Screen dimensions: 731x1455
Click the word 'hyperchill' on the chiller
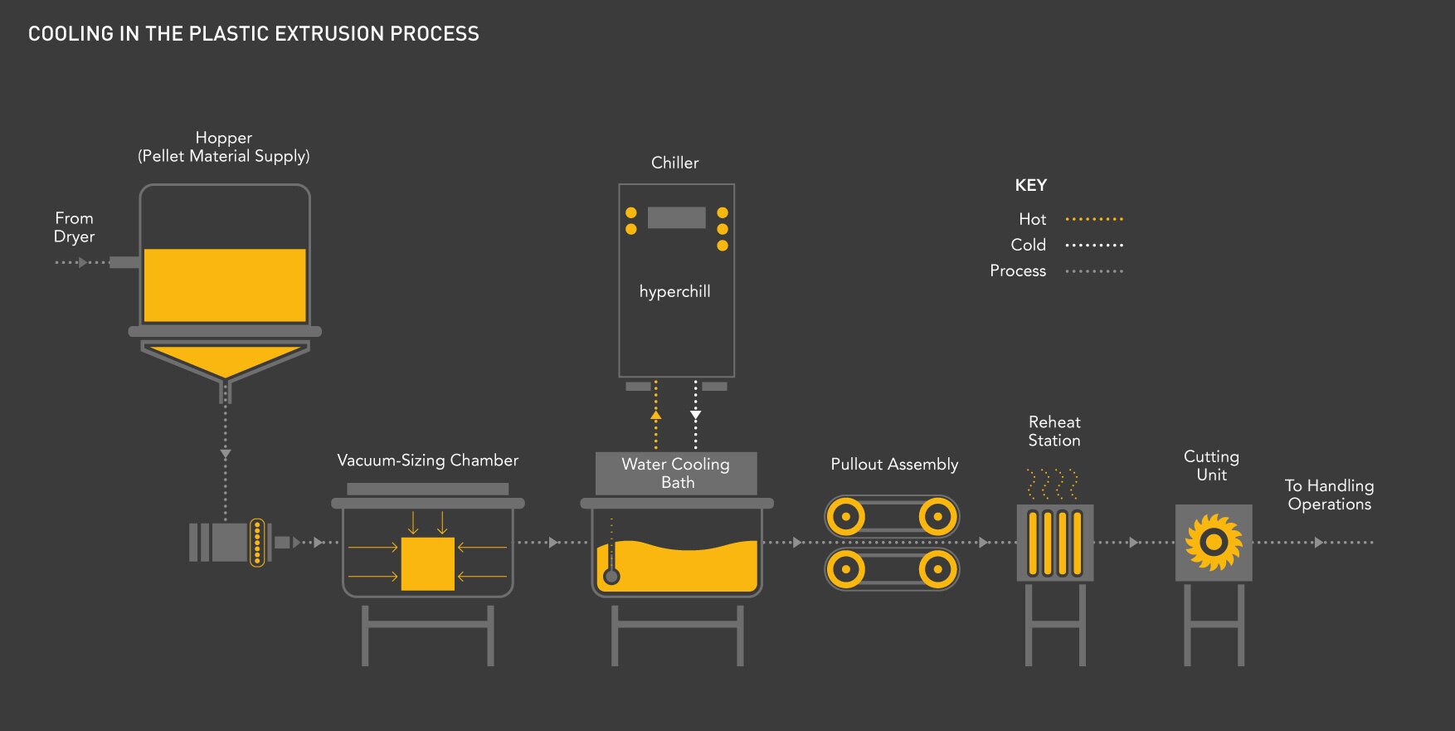tap(674, 291)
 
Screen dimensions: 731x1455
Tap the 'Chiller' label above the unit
tap(674, 163)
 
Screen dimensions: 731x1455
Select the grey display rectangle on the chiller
tap(676, 217)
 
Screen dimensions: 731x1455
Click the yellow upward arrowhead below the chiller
tap(655, 413)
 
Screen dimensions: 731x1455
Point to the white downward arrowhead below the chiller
tap(695, 414)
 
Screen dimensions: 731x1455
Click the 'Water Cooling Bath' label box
tap(676, 473)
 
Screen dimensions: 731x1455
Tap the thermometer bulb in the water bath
tap(611, 576)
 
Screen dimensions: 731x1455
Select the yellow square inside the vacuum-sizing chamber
tap(427, 563)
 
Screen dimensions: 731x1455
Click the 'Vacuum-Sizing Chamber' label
tap(427, 461)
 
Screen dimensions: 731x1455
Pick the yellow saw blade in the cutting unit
tap(1213, 543)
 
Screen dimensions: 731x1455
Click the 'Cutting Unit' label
tap(1211, 465)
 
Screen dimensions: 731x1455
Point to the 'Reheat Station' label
tap(1054, 431)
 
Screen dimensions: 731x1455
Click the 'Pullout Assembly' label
tap(894, 465)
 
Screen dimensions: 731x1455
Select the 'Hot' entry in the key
tap(1033, 219)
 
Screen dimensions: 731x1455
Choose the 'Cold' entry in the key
tap(1029, 245)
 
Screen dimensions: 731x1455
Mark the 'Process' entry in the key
tap(1018, 270)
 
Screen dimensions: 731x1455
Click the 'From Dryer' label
tap(74, 227)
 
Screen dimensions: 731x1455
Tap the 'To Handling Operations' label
tap(1329, 495)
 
